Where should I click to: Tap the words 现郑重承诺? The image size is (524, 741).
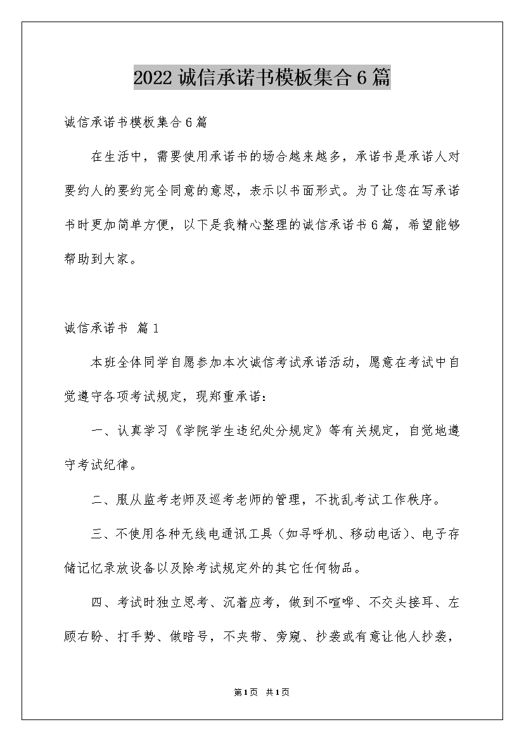(232, 396)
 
